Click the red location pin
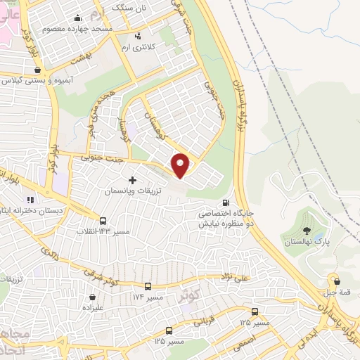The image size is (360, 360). tap(181, 165)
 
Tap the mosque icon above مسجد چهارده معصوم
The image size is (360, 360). tap(75, 18)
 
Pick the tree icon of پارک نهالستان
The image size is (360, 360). tap(306, 230)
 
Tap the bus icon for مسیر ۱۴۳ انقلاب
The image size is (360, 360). tap(104, 221)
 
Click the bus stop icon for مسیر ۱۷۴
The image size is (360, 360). tap(148, 286)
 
